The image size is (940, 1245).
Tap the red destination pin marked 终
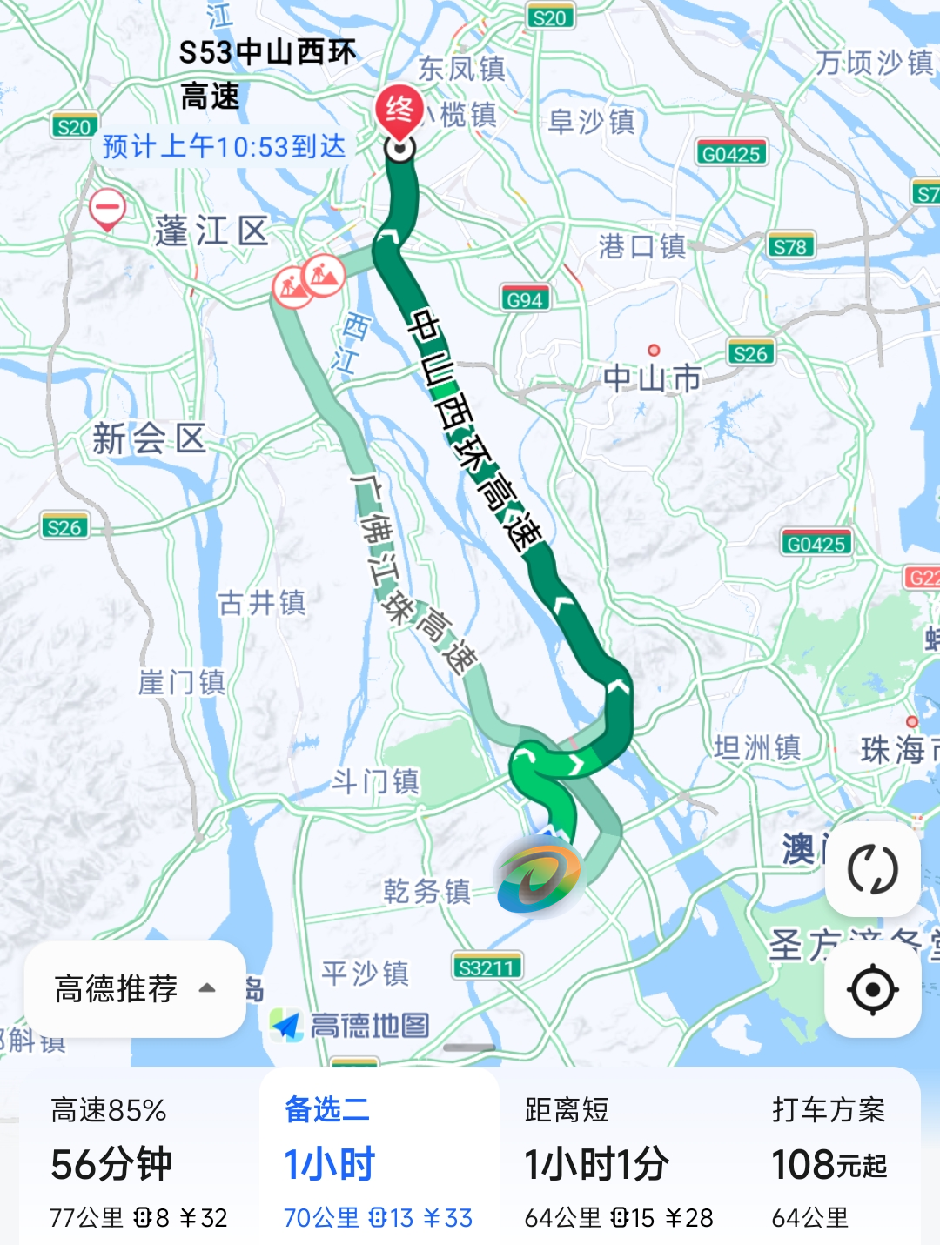tap(399, 111)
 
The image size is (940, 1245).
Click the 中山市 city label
tap(652, 378)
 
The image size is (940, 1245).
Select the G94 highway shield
tap(525, 299)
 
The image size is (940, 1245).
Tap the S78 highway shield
tap(790, 246)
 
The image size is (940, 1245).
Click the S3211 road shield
tap(487, 967)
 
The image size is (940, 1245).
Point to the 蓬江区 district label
tap(211, 231)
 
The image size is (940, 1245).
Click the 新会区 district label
tap(149, 438)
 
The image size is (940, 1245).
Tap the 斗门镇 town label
tap(376, 781)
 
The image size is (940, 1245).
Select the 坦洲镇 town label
tap(757, 746)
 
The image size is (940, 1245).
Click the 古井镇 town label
tap(262, 602)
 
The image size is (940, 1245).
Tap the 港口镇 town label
tap(642, 246)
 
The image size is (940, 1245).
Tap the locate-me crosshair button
tap(872, 989)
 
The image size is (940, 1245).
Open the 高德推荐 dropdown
tap(135, 988)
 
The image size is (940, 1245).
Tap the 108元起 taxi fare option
tap(829, 1164)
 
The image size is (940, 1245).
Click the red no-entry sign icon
tap(107, 209)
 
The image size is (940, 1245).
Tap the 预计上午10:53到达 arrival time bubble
tap(224, 146)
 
